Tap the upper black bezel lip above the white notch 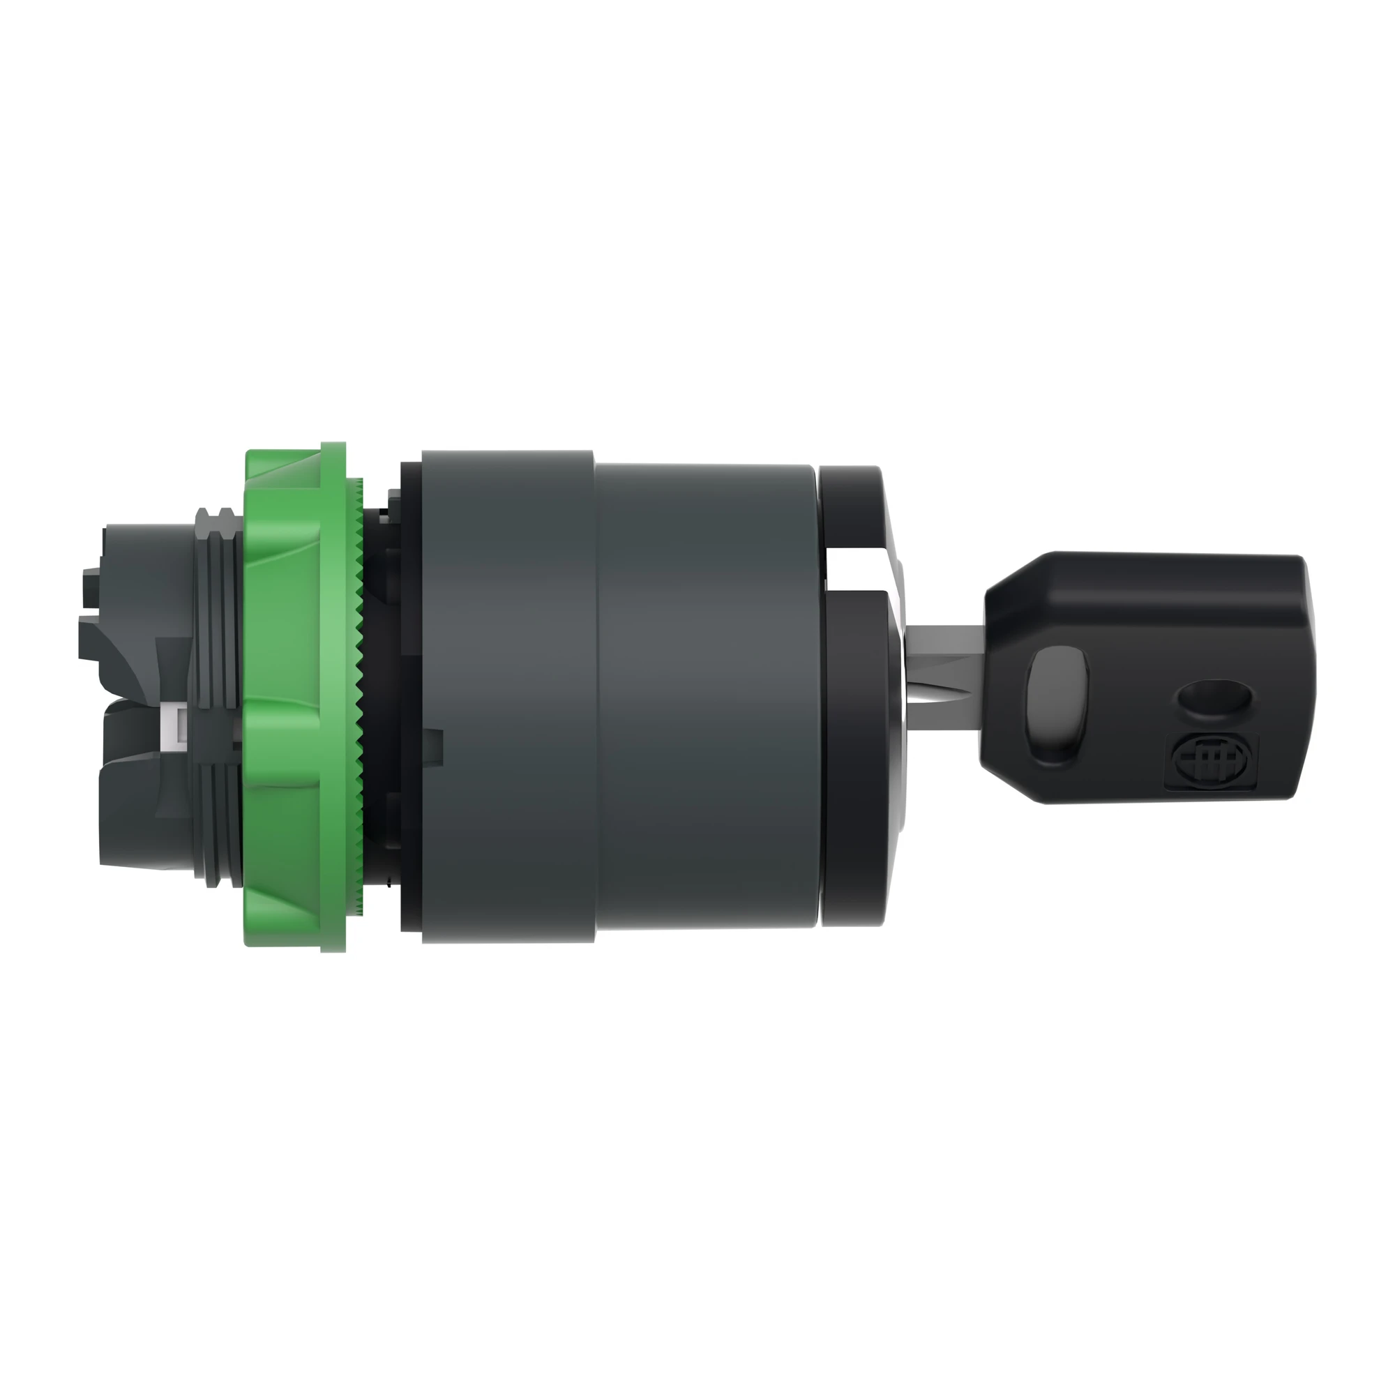(x=852, y=506)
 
